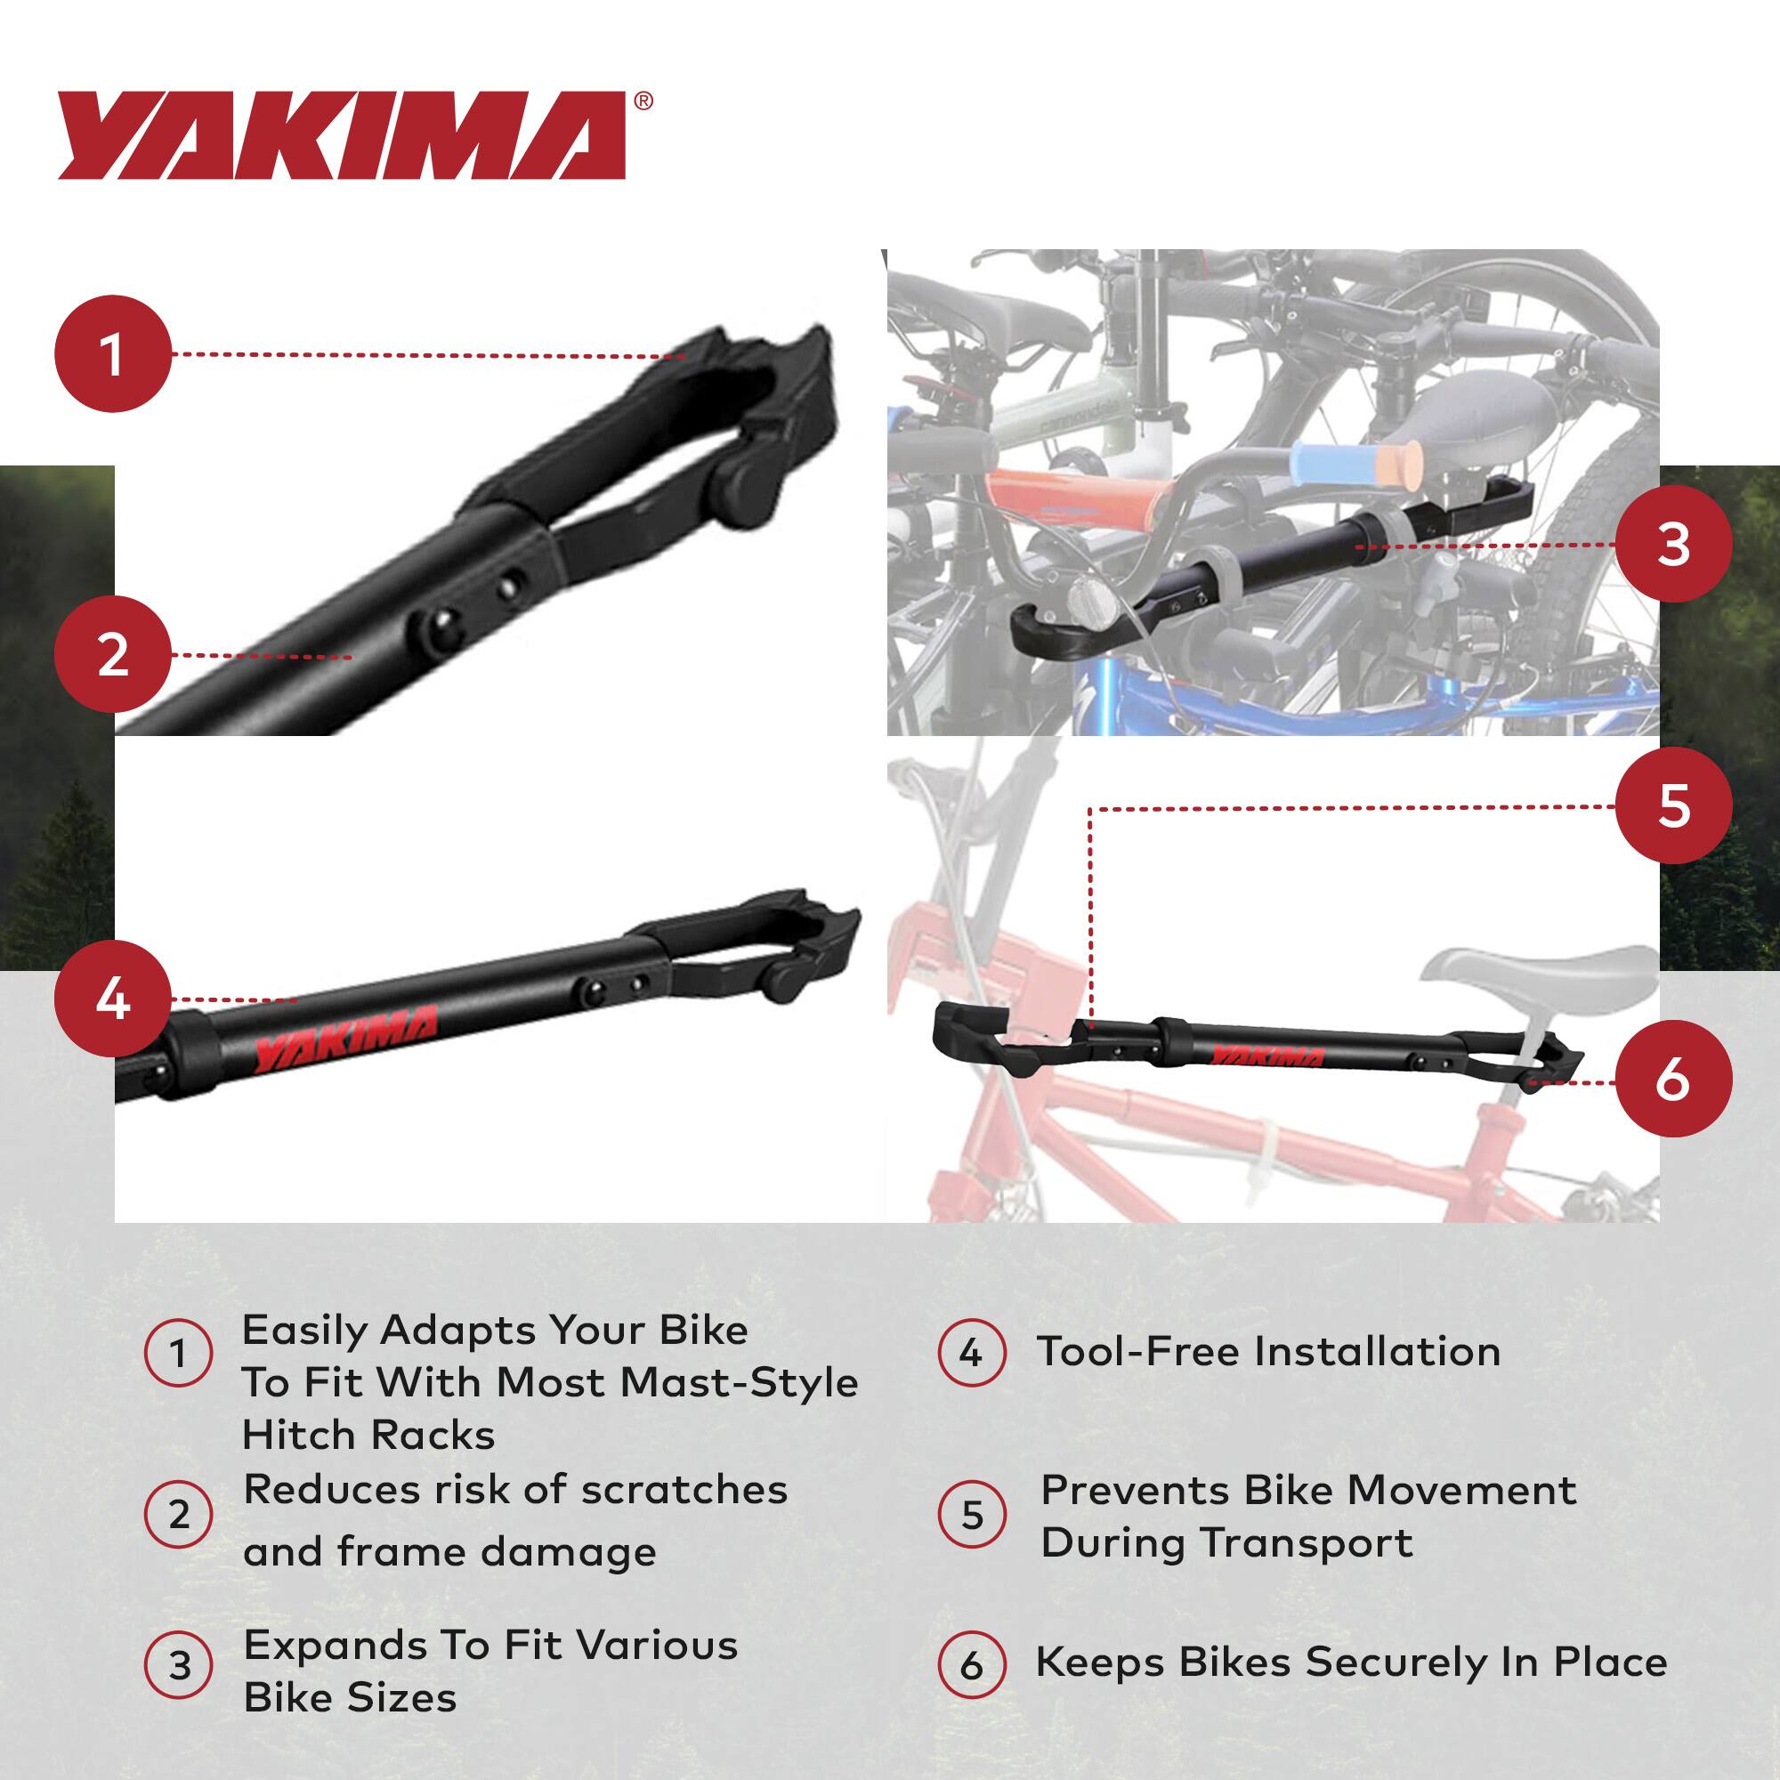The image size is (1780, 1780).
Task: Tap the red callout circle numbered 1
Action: (113, 354)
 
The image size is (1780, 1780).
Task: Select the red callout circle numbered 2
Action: (113, 655)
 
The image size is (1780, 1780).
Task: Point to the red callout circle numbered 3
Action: (1673, 545)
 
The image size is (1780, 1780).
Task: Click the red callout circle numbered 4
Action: (113, 999)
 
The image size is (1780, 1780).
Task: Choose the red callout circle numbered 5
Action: (1673, 805)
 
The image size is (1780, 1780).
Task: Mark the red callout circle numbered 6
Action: (1673, 1079)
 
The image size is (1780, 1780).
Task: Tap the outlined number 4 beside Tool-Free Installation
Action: (971, 1354)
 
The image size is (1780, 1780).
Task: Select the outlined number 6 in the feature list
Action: (971, 1665)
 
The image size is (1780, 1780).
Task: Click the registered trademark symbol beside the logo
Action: (644, 101)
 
